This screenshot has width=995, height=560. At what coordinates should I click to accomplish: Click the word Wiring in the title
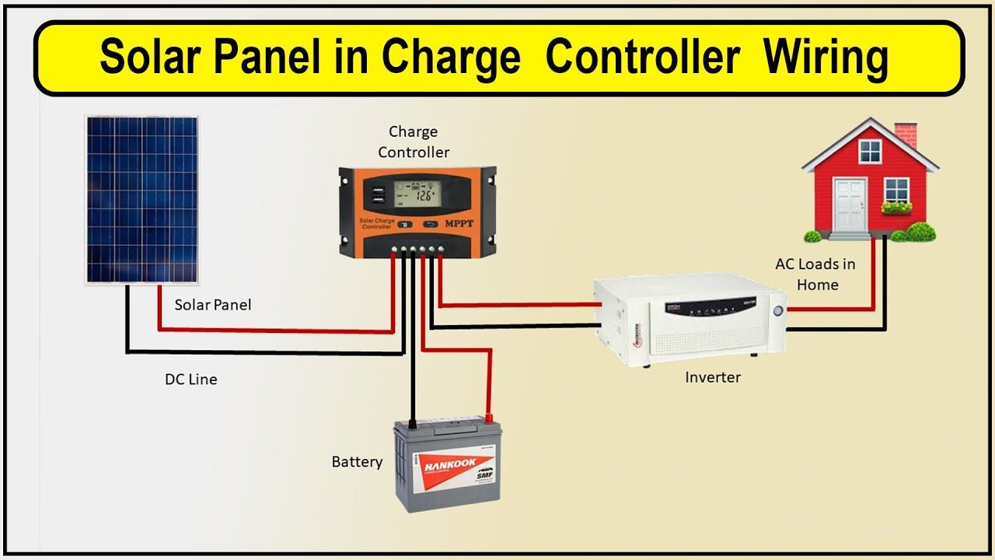826,58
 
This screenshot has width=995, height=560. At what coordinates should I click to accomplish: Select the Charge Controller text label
414,142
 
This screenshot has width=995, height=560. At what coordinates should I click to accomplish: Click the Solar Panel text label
213,305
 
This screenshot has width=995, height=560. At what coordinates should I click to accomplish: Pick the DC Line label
190,380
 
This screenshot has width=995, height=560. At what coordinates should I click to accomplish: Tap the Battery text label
357,462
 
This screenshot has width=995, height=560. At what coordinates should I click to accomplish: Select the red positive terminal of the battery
488,417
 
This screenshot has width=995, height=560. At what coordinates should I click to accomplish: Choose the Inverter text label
713,377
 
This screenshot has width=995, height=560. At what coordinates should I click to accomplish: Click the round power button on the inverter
778,310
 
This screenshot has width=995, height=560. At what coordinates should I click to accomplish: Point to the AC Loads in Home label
815,275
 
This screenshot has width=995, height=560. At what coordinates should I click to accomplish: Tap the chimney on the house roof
905,135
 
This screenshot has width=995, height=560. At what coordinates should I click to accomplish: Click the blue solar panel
141,199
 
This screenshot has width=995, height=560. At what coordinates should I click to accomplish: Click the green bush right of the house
920,231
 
